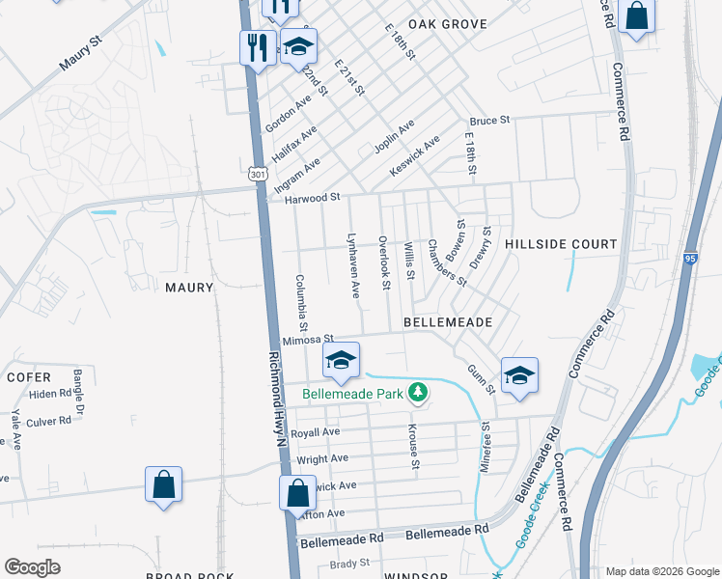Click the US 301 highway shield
pyautogui.click(x=256, y=174)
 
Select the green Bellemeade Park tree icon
pyautogui.click(x=418, y=392)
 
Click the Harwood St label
pyautogui.click(x=314, y=198)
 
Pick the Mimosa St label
pyautogui.click(x=308, y=340)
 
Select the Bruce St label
pyautogui.click(x=489, y=121)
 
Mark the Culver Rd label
pyautogui.click(x=49, y=421)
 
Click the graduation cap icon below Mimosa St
pyautogui.click(x=340, y=361)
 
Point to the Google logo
pyautogui.click(x=32, y=566)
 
